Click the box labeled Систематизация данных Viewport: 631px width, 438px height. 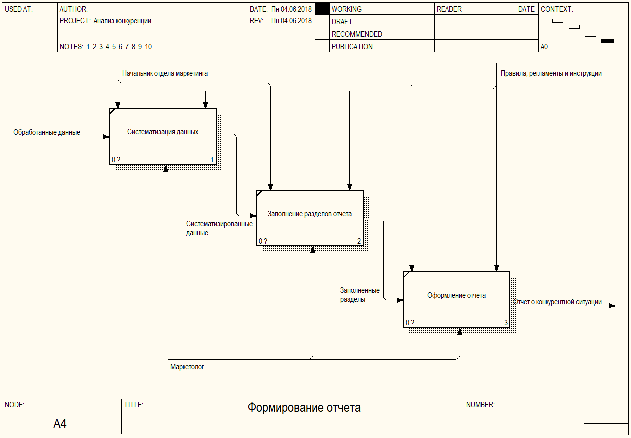[163, 136]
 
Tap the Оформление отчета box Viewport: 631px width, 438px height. [456, 299]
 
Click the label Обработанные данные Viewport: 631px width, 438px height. [47, 133]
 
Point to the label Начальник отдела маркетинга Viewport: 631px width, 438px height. [165, 74]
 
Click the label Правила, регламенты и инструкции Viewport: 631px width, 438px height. [551, 74]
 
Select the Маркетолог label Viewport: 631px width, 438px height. [187, 367]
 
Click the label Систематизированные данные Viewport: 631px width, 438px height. [219, 228]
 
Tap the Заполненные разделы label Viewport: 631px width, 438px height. [360, 295]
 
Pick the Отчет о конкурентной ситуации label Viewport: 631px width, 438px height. [557, 302]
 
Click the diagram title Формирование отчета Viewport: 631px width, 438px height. [304, 408]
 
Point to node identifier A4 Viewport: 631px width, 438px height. [60, 424]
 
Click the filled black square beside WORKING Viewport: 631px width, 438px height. [323, 9]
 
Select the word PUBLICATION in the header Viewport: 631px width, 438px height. [352, 47]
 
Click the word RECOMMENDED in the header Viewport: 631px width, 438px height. [357, 34]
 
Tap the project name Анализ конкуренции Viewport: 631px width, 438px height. [122, 21]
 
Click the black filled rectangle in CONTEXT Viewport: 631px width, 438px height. [607, 41]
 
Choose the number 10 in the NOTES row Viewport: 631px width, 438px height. [148, 47]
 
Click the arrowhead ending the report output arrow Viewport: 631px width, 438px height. [612, 306]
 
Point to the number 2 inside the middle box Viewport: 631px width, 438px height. [359, 241]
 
